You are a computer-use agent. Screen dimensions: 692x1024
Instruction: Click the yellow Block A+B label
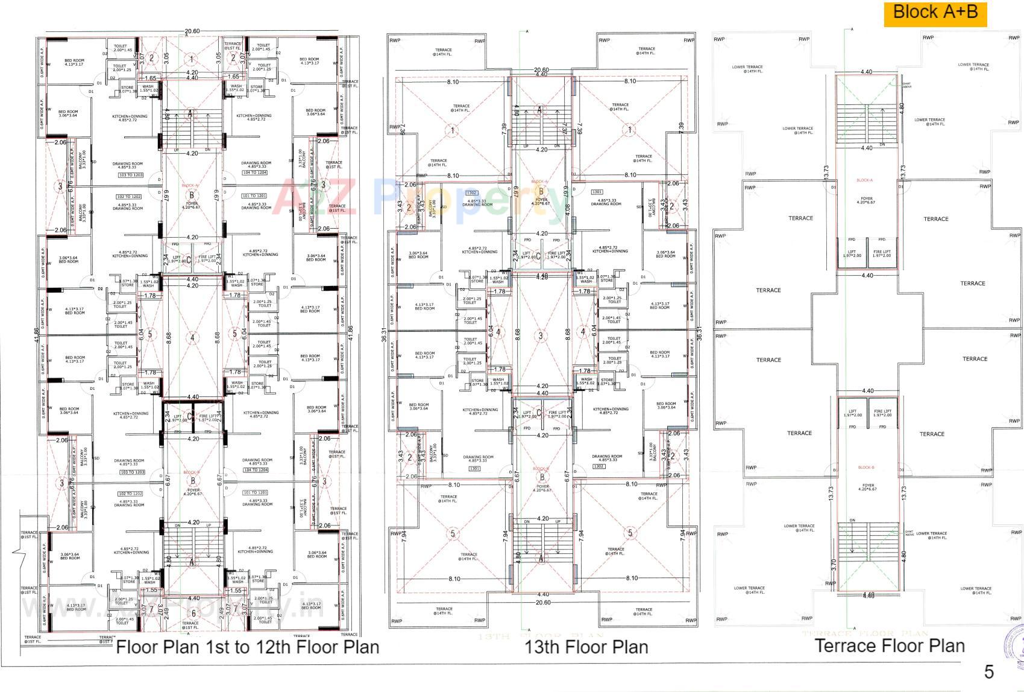[x=935, y=13]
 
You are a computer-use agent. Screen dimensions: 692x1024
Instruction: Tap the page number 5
[x=988, y=671]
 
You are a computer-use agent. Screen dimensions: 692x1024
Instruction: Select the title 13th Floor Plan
[x=586, y=647]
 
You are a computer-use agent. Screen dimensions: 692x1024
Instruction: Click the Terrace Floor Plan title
[x=890, y=646]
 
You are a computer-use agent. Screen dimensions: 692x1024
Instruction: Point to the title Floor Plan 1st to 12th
[x=247, y=647]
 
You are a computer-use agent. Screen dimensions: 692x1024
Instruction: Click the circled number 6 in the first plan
[x=193, y=613]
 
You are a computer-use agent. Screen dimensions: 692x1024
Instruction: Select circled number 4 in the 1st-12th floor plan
[x=192, y=338]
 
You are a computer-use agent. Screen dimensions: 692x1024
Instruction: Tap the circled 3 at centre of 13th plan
[x=541, y=336]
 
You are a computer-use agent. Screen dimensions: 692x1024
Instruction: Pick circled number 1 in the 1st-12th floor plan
[x=192, y=59]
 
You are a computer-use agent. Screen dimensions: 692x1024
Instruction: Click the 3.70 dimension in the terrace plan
[x=833, y=565]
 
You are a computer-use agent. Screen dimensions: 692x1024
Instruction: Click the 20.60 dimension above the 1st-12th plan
[x=192, y=31]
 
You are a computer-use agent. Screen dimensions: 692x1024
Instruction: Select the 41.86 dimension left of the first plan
[x=36, y=335]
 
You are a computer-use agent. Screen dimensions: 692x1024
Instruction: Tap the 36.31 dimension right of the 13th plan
[x=699, y=334]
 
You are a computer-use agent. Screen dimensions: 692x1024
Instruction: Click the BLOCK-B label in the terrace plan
[x=865, y=468]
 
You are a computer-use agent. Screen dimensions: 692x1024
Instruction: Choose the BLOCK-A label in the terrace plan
[x=864, y=180]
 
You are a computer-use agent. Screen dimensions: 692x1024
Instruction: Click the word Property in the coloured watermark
[x=470, y=197]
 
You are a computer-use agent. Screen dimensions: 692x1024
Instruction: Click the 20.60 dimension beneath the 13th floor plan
[x=542, y=602]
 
